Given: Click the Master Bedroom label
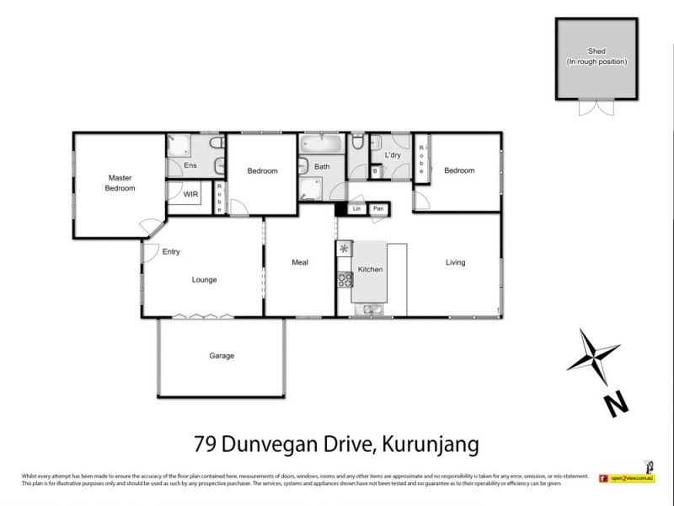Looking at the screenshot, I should pyautogui.click(x=120, y=182).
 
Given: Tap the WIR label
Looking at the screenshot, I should pyautogui.click(x=191, y=194).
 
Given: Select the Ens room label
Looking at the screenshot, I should pyautogui.click(x=190, y=165).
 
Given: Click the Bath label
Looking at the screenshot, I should pyautogui.click(x=322, y=167).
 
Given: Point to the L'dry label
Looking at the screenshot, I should pyautogui.click(x=393, y=155).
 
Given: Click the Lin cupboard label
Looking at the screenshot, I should pyautogui.click(x=357, y=208).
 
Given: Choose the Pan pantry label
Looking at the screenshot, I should pyautogui.click(x=379, y=208).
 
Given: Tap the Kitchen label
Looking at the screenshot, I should pyautogui.click(x=371, y=269).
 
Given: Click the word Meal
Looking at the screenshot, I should pyautogui.click(x=300, y=262).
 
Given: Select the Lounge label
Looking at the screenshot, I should pyautogui.click(x=204, y=280).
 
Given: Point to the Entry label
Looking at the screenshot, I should pyautogui.click(x=171, y=251).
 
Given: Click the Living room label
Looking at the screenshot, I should pyautogui.click(x=455, y=262).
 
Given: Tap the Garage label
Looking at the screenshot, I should pyautogui.click(x=222, y=356).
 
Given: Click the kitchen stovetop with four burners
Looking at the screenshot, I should pyautogui.click(x=344, y=279).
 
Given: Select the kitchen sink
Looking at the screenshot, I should pyautogui.click(x=371, y=310).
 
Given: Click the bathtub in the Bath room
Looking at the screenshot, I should pyautogui.click(x=322, y=144).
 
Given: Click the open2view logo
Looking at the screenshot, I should pyautogui.click(x=626, y=478).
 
